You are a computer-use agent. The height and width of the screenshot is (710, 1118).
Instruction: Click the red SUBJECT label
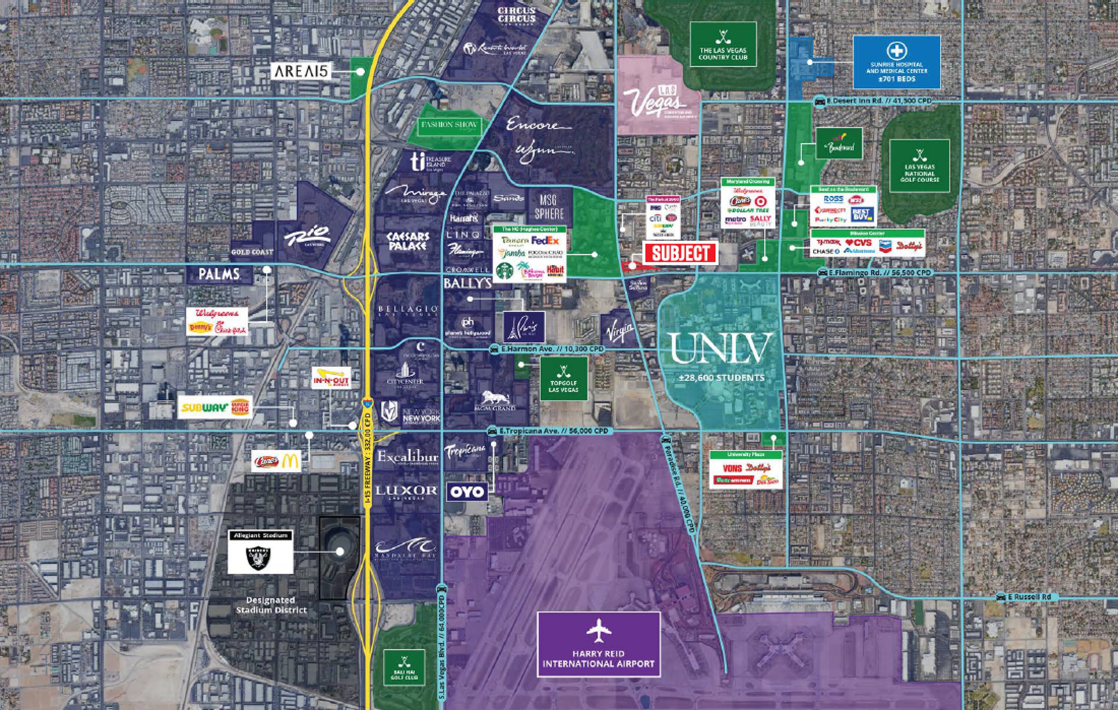coord(680,253)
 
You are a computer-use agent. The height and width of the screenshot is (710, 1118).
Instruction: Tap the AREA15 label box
coord(301,71)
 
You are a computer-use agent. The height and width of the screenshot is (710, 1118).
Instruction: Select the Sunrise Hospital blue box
coord(897,62)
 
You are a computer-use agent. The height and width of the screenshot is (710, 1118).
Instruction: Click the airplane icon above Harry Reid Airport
coord(599,631)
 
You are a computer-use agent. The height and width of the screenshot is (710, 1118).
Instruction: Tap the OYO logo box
coord(467,492)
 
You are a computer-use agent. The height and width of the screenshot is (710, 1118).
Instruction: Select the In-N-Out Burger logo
coord(331,378)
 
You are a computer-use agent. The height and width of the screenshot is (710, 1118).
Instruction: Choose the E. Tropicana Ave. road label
coord(553,431)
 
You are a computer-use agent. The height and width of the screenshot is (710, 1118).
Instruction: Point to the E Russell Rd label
coord(1029,597)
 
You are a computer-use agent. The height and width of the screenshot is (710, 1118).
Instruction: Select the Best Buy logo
coord(863,214)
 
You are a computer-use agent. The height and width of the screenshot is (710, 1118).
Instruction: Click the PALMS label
coord(219,274)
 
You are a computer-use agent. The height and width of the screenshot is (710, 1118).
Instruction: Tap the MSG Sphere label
coord(549,207)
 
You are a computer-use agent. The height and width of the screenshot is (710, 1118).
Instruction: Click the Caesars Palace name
coord(408,241)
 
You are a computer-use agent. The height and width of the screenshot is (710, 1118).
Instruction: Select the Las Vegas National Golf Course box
coord(919,165)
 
